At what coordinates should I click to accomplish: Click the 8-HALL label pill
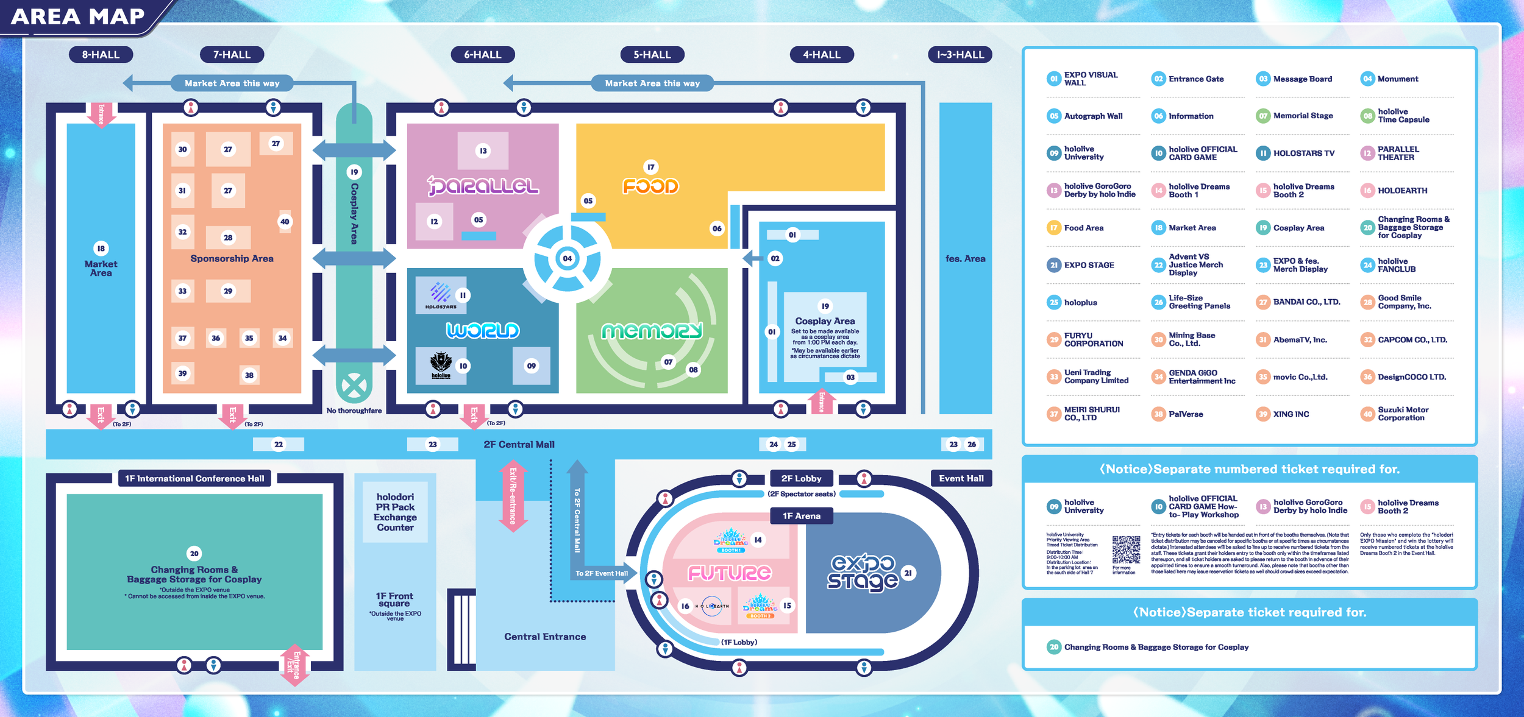point(101,55)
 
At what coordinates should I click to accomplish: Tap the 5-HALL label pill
point(652,55)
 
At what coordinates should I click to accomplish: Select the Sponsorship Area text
point(232,259)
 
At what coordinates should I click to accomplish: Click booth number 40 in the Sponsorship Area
point(285,222)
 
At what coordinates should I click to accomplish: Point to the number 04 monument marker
point(567,259)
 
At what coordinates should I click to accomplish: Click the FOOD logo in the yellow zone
point(650,186)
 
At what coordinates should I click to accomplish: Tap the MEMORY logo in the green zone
point(652,331)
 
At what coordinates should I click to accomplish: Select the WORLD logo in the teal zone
point(483,330)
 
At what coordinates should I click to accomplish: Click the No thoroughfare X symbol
point(354,385)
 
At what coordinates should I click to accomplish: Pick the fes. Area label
point(965,259)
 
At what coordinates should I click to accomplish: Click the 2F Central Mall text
point(519,445)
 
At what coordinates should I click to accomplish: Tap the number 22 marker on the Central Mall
point(279,445)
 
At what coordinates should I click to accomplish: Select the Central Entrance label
point(545,637)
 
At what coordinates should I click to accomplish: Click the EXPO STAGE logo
point(863,573)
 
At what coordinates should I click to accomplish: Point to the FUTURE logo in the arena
point(730,573)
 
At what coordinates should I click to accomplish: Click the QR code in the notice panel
point(1125,549)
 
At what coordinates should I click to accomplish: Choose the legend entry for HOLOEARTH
point(1402,191)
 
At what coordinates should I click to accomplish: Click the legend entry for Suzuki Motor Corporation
point(1402,414)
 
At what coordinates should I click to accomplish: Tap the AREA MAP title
point(78,16)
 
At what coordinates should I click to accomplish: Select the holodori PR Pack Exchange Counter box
point(395,512)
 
